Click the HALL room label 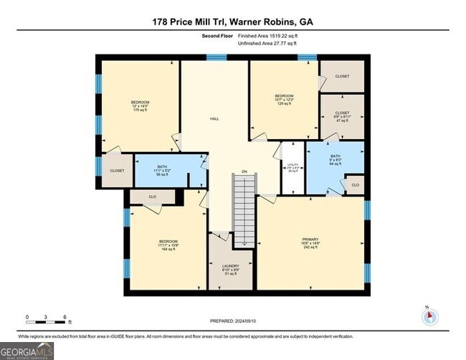click(214, 119)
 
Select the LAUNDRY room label click(230, 265)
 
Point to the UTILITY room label click(293, 164)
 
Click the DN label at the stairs click(244, 171)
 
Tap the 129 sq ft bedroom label click(285, 100)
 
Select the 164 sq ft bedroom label click(168, 245)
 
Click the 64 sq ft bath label click(336, 159)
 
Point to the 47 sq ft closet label click(342, 116)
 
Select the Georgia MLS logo click(27, 351)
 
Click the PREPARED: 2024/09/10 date click(232, 321)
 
